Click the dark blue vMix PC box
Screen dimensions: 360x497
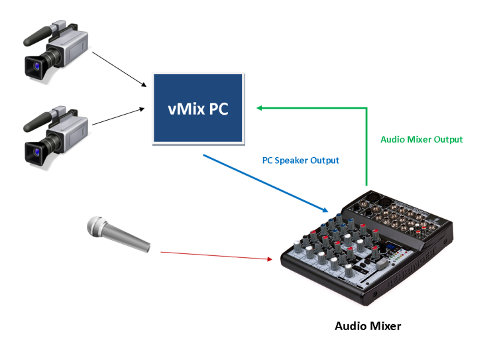coord(198,107)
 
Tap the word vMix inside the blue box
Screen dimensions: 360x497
coord(186,108)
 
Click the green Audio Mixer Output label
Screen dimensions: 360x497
coord(421,139)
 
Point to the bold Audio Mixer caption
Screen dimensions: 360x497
coord(368,326)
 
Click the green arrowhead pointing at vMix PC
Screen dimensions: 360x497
coord(261,107)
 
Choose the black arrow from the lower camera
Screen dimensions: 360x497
coord(119,116)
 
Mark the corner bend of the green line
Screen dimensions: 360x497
coord(365,107)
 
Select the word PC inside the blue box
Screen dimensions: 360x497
coord(217,108)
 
